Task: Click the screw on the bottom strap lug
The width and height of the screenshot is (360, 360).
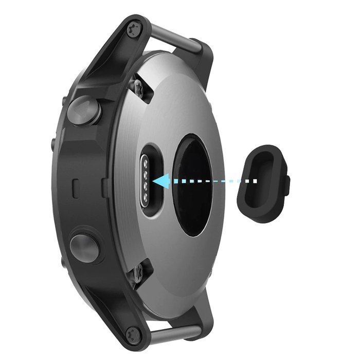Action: point(133,334)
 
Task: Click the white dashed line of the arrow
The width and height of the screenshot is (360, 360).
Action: point(216,181)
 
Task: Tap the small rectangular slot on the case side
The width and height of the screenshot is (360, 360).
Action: point(76,189)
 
